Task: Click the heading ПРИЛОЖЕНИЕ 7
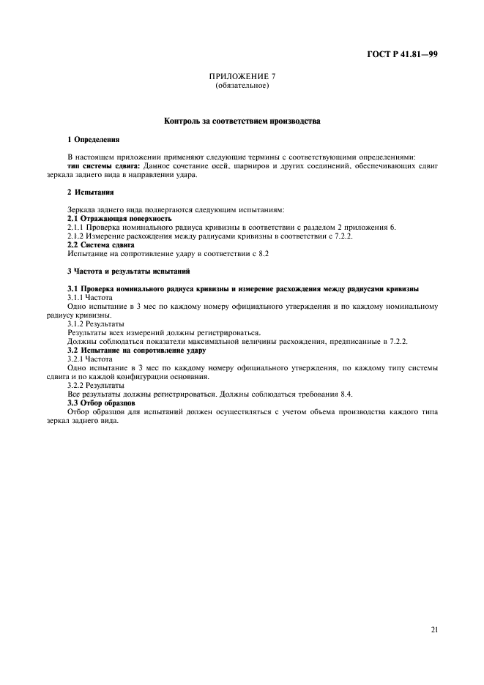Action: click(x=242, y=77)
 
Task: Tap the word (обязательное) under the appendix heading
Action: click(x=242, y=86)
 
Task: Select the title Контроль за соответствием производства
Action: click(x=242, y=120)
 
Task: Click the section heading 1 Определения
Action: click(x=93, y=138)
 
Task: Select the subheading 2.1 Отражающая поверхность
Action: click(x=119, y=219)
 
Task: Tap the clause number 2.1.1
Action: click(x=77, y=228)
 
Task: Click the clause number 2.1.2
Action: click(x=77, y=236)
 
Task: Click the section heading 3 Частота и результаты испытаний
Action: click(x=129, y=272)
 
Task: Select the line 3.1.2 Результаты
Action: click(x=96, y=323)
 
